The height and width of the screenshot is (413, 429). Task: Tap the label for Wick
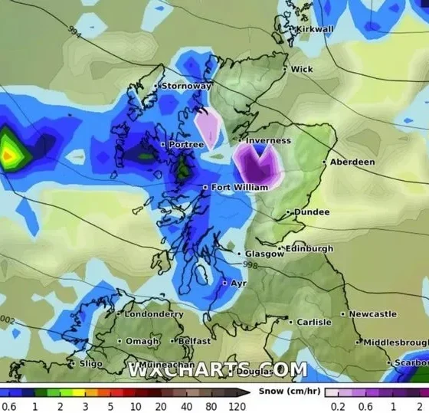302,69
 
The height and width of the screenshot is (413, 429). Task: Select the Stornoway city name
186,86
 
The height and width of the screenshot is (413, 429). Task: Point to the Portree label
187,144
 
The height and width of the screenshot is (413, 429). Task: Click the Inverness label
269,141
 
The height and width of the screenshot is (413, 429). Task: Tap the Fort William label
240,187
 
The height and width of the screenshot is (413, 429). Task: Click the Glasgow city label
265,254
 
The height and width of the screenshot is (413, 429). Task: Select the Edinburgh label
310,248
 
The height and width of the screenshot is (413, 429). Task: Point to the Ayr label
239,283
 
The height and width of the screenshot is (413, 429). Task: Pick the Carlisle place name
314,322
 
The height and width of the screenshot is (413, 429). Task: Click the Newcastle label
373,313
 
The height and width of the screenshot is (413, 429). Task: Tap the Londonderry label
155,313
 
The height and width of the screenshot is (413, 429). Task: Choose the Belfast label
194,340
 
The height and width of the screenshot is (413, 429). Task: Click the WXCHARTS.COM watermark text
218,370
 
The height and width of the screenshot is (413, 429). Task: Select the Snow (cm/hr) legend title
287,391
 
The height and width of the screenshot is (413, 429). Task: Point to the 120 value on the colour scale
237,406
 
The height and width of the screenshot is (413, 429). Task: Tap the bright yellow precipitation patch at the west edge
8,155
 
